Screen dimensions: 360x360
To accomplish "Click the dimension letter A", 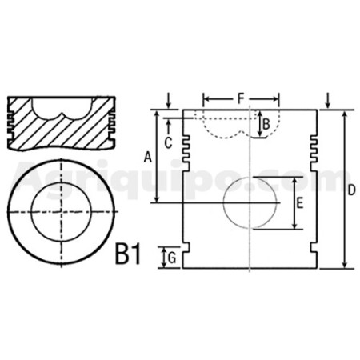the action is pos(147,157).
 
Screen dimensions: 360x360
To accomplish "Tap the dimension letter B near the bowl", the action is pos(266,124).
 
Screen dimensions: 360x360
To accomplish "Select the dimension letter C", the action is pos(168,143).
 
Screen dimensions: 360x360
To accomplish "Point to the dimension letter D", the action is pos(352,190).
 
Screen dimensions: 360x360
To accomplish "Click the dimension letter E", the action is pos(300,203).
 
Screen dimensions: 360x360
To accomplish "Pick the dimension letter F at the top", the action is pos(241,98).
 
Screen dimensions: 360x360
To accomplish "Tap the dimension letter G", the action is pos(172,258).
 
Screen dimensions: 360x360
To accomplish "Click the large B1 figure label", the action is pos(127,254).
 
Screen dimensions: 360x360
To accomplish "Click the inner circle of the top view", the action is pos(62,182).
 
